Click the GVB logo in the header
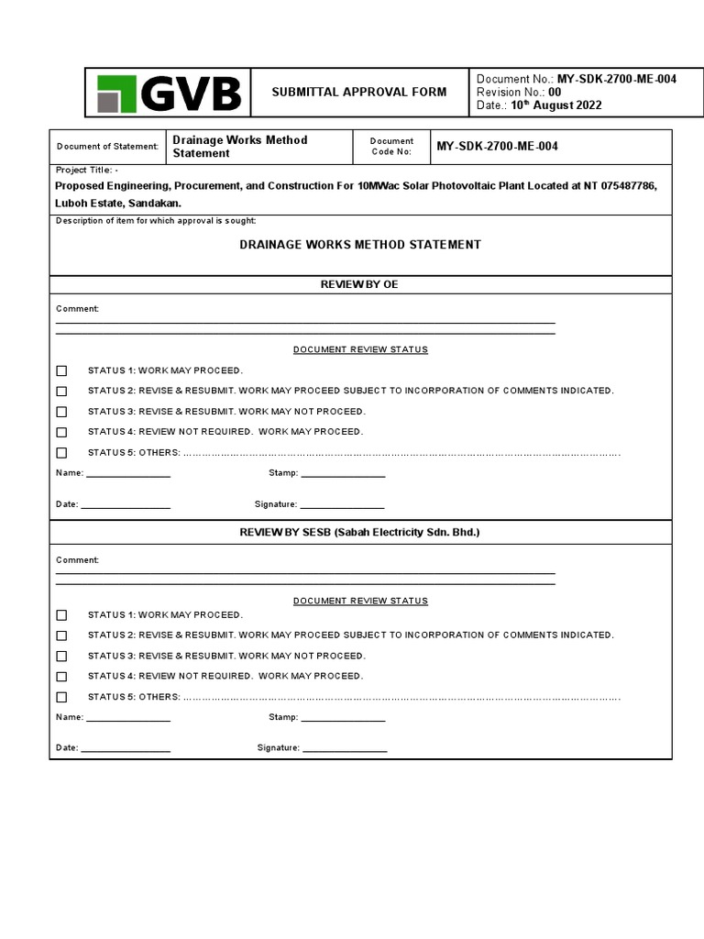pyautogui.click(x=169, y=93)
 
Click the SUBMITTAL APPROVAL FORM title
pyautogui.click(x=359, y=92)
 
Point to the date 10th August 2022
pyautogui.click(x=556, y=105)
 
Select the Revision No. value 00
pyautogui.click(x=555, y=92)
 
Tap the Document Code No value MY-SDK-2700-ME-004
pyautogui.click(x=497, y=147)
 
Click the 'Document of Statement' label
pyautogui.click(x=107, y=147)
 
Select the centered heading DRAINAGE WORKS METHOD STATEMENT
pyautogui.click(x=359, y=245)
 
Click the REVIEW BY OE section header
pyautogui.click(x=359, y=285)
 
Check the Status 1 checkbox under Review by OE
pyautogui.click(x=61, y=371)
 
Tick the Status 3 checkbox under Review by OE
pyautogui.click(x=61, y=412)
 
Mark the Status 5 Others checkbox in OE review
pyautogui.click(x=61, y=453)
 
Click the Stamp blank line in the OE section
pyautogui.click(x=343, y=475)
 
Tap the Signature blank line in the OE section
pyautogui.click(x=342, y=506)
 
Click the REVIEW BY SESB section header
pyautogui.click(x=359, y=533)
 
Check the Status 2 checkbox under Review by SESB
pyautogui.click(x=61, y=635)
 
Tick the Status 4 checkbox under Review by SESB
pyautogui.click(x=61, y=677)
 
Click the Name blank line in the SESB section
pyautogui.click(x=127, y=719)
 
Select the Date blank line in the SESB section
pyautogui.click(x=126, y=750)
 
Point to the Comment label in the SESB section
pyautogui.click(x=77, y=560)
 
